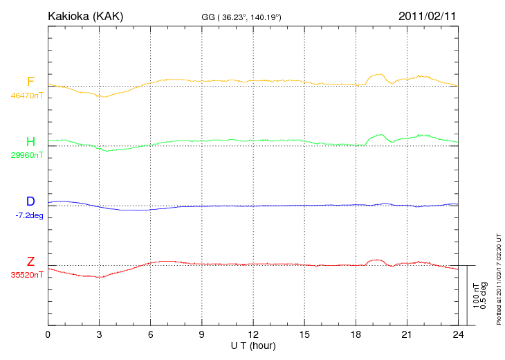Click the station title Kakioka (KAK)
(85, 15)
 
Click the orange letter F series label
(30, 82)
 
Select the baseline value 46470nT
(26, 96)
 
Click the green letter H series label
(30, 142)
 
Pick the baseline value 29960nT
(26, 155)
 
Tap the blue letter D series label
(30, 201)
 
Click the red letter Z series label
(30, 262)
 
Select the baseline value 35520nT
(26, 275)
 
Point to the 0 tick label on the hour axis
(48, 335)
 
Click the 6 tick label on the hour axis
(151, 335)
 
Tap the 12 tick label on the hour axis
(253, 335)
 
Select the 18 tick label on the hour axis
(356, 335)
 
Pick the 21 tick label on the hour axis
(407, 335)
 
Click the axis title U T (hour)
(253, 345)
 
